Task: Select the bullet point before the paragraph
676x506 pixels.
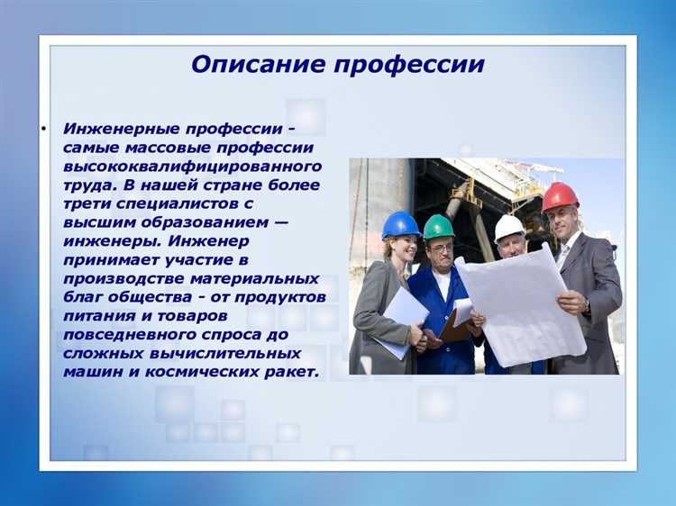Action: [x=42, y=128]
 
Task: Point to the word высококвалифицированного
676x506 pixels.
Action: [x=192, y=166]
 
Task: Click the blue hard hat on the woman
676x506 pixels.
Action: [x=400, y=225]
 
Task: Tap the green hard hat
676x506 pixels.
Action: [x=439, y=226]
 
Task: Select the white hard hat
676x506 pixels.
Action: [x=509, y=226]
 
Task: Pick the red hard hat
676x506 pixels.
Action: [x=560, y=196]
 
